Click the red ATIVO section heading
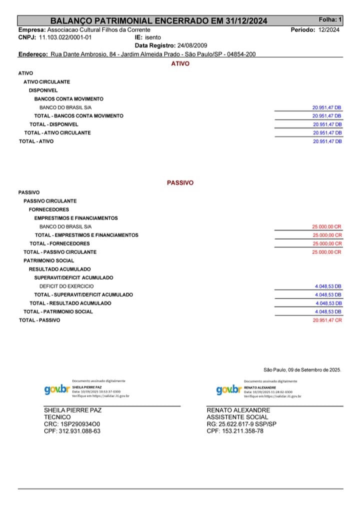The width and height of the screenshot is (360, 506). (180, 64)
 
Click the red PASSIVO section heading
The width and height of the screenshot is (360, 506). (180, 183)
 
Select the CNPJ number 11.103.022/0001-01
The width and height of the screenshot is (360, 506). (65, 37)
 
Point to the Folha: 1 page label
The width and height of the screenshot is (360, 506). (330, 20)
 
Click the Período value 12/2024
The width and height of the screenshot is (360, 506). (328, 30)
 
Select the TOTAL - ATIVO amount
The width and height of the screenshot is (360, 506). (327, 141)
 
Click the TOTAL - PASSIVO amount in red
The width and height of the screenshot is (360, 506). (327, 320)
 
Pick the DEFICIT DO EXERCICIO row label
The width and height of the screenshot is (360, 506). (66, 286)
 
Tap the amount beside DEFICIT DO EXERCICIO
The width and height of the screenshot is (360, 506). (328, 286)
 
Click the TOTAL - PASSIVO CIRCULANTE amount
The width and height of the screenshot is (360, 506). (326, 252)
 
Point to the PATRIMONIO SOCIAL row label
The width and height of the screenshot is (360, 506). (48, 260)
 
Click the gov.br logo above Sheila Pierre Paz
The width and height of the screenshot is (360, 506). (56, 389)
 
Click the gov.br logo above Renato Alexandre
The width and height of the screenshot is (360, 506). (228, 389)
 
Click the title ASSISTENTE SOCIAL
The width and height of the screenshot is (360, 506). (237, 417)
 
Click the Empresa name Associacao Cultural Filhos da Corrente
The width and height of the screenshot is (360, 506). (98, 30)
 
